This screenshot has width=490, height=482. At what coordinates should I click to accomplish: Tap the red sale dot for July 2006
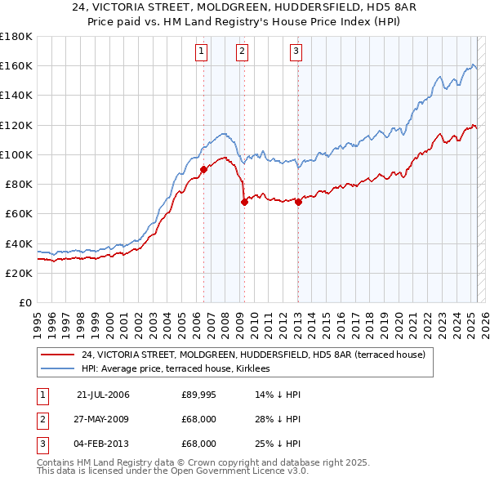pyautogui.click(x=203, y=169)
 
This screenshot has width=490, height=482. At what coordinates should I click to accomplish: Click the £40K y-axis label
pyautogui.click(x=18, y=243)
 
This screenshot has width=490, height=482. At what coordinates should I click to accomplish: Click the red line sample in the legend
pyautogui.click(x=57, y=355)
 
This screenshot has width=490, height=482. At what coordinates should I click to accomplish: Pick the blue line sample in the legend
pyautogui.click(x=57, y=369)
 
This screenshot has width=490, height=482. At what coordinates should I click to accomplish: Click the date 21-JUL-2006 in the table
pyautogui.click(x=103, y=395)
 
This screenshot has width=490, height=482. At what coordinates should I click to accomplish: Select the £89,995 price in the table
pyautogui.click(x=199, y=395)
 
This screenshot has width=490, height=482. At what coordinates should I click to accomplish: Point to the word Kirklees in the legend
pyautogui.click(x=261, y=369)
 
